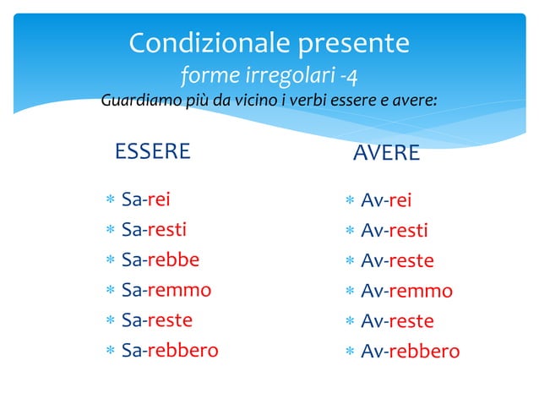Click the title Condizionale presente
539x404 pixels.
(x=269, y=42)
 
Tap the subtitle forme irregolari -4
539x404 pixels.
(x=269, y=76)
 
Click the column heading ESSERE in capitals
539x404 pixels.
(x=152, y=152)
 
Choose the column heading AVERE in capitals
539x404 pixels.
(x=386, y=153)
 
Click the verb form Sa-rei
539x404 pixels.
(x=146, y=199)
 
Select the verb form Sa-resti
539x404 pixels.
(x=154, y=229)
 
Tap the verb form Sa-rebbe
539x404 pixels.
(x=161, y=259)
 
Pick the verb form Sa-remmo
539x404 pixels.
(x=166, y=290)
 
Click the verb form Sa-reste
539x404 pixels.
(x=157, y=320)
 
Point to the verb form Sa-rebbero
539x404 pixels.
(x=170, y=350)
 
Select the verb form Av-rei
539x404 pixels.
(x=386, y=200)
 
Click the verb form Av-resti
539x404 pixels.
(x=395, y=231)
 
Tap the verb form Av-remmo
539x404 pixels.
(x=406, y=291)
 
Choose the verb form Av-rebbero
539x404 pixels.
(x=410, y=352)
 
